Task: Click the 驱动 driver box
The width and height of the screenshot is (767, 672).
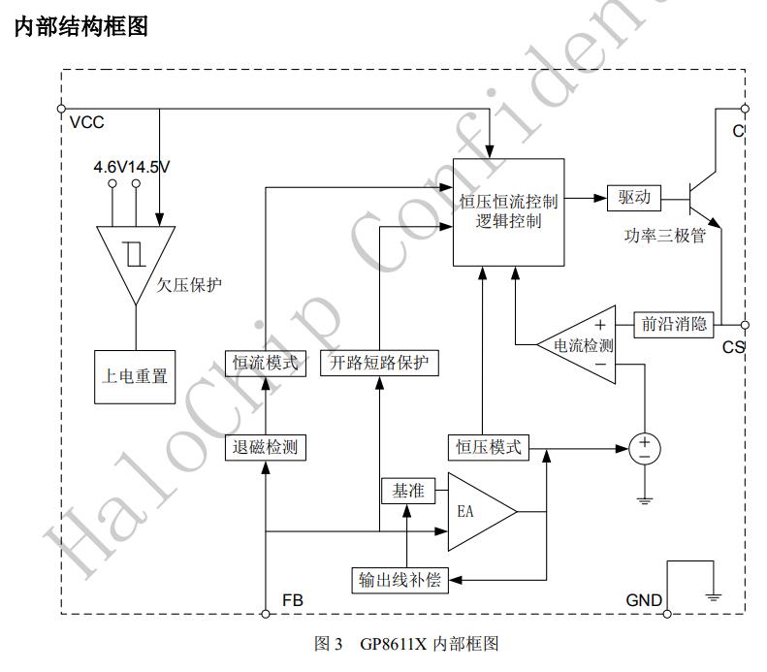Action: pos(634,197)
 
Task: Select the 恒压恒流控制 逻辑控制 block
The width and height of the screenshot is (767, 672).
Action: pos(509,211)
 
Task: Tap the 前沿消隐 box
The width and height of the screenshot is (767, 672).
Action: pos(674,324)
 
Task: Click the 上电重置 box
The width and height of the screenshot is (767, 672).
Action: pos(135,374)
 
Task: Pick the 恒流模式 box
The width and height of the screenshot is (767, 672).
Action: pos(266,364)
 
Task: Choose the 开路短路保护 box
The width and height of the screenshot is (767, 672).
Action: pos(378,364)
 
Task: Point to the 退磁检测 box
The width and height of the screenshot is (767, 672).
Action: pos(266,448)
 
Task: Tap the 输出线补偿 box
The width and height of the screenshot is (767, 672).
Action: pos(400,580)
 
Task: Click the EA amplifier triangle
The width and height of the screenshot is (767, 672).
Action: pos(474,511)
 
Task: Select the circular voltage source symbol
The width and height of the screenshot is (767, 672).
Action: pos(644,448)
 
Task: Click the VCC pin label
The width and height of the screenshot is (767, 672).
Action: pos(87,123)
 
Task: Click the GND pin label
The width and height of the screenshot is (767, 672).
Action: pos(643,600)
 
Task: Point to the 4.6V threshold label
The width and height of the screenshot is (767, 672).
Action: pos(111,167)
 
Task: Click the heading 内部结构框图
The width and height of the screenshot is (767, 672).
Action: pos(81,27)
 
